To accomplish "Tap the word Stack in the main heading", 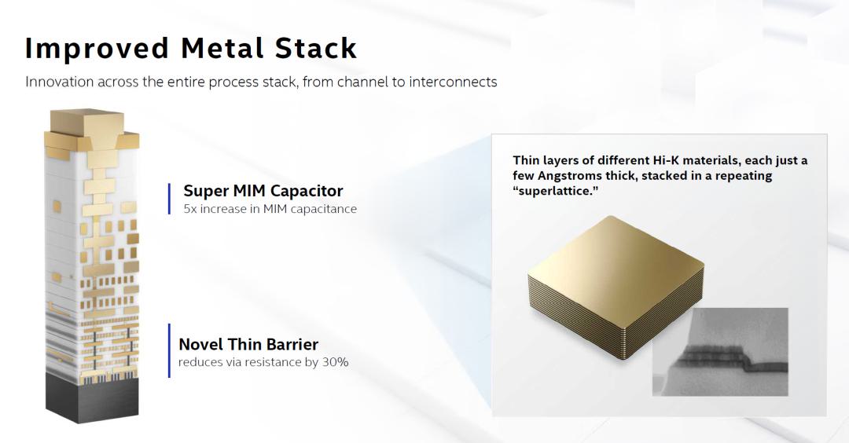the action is pos(316,48).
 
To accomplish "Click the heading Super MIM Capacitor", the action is pos(263,191).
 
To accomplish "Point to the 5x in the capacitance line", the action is pos(190,209).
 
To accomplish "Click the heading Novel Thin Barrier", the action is pos(248,344).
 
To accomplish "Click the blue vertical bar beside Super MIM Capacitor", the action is pos(170,199).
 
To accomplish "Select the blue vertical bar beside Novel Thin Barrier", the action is pos(170,350).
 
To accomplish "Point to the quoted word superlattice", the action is pos(556,191).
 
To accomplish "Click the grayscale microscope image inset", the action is pos(720,352).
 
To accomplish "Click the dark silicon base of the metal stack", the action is pos(92,399).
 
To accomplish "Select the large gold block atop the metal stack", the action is pos(86,123).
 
